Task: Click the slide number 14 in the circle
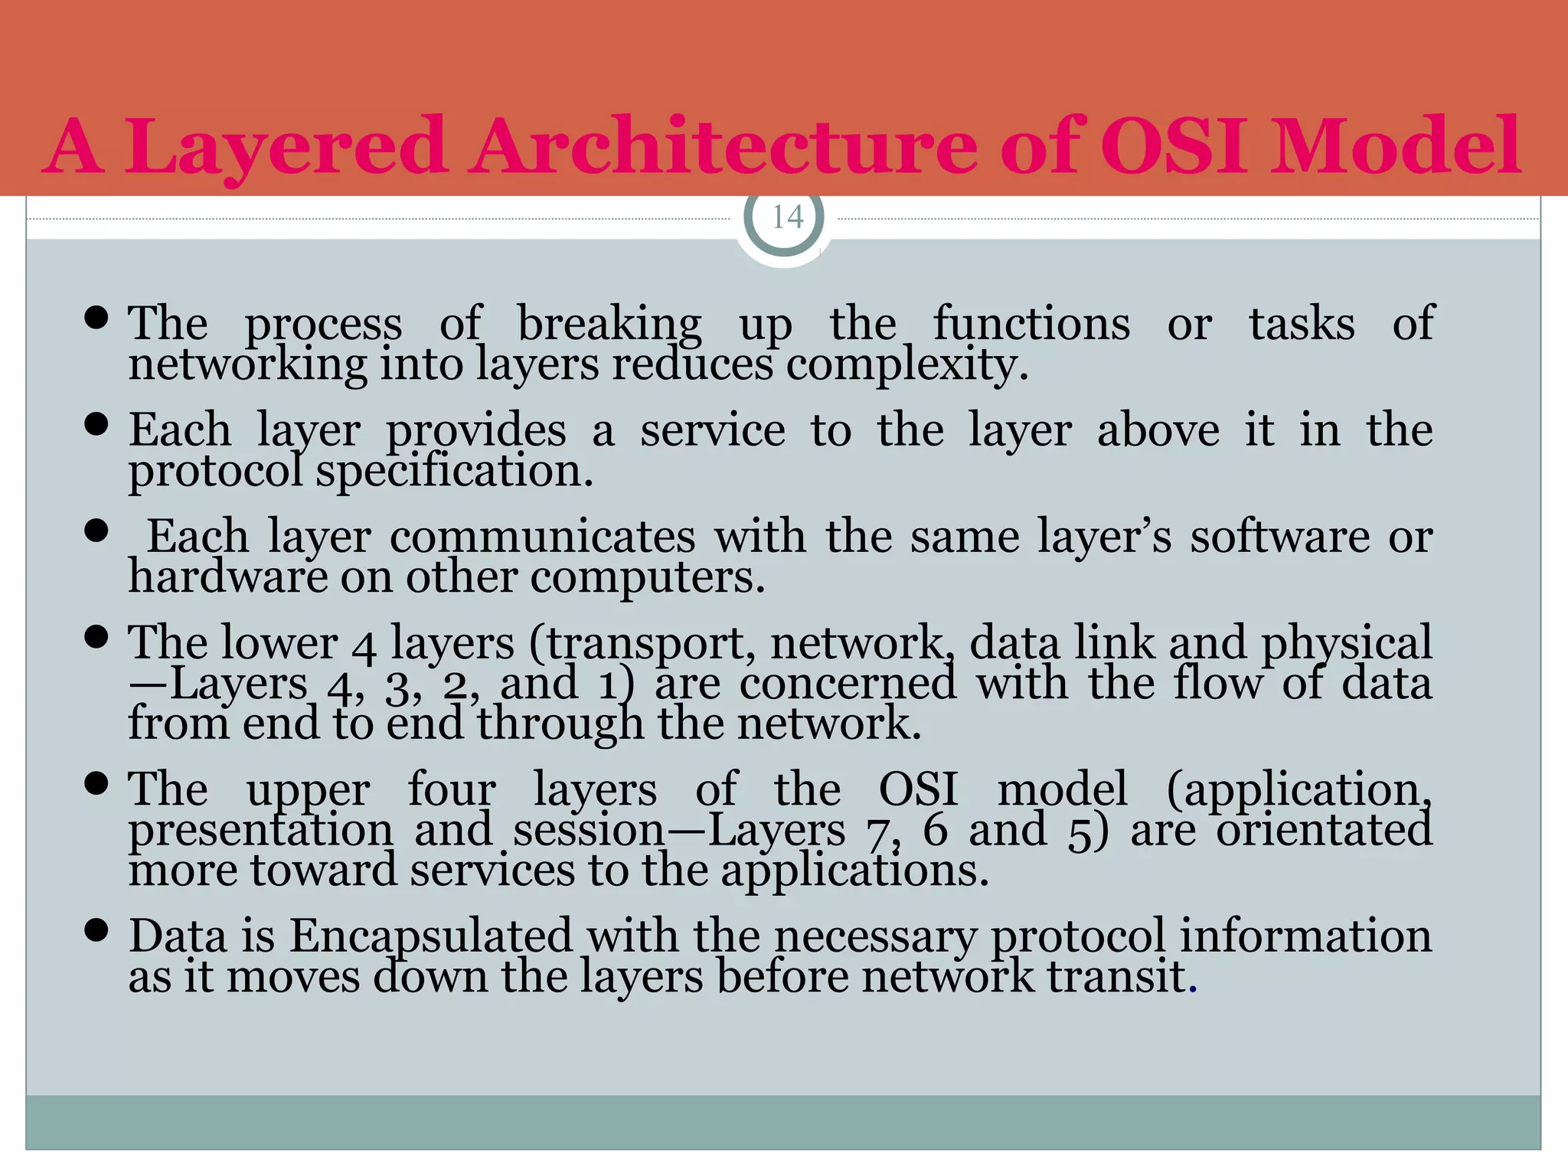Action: click(x=787, y=217)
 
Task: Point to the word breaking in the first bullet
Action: click(x=609, y=324)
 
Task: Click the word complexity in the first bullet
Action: click(x=906, y=364)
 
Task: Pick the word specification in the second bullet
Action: click(x=454, y=471)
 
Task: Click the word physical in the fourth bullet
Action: click(x=1346, y=643)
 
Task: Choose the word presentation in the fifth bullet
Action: click(x=260, y=830)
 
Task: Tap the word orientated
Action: click(x=1324, y=830)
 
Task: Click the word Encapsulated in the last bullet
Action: click(x=431, y=936)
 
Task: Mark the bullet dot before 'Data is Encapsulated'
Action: click(x=96, y=930)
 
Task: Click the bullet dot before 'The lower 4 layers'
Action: click(x=96, y=636)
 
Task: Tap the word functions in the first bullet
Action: click(x=1031, y=324)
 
